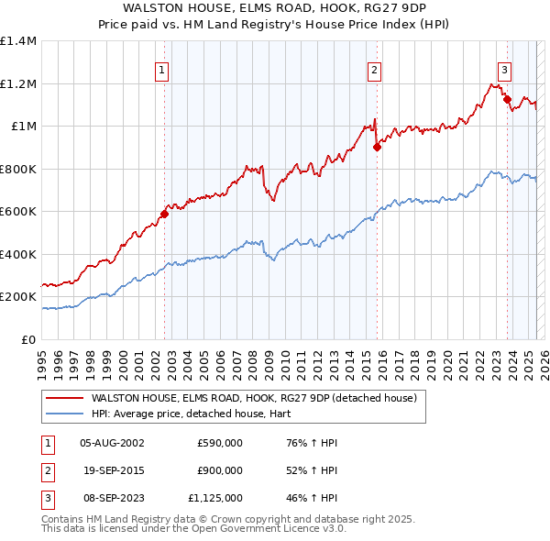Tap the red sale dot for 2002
pos(165,215)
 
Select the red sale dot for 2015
pos(377,147)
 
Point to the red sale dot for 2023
pos(508,99)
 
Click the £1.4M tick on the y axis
pos(18,41)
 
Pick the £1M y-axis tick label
pos(22,127)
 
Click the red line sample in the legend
pos(64,398)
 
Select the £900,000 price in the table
pos(219,471)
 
